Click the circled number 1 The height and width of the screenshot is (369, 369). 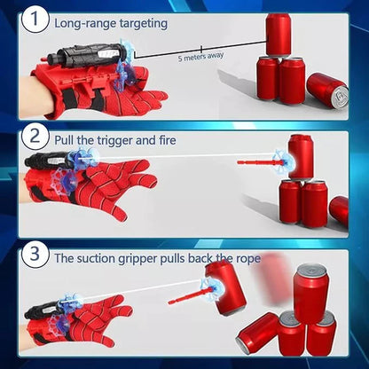tap(34, 20)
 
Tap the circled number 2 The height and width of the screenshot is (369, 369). tap(34, 137)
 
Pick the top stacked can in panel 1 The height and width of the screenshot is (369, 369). tap(279, 34)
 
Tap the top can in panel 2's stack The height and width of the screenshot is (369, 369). tap(300, 155)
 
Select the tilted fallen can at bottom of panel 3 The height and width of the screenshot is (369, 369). tap(257, 331)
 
